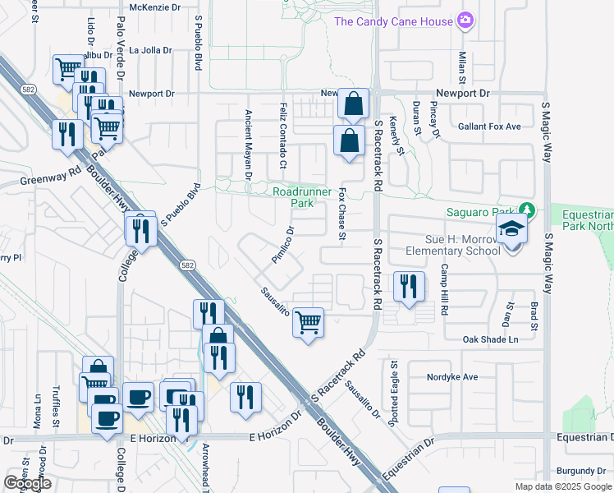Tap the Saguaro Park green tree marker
pyautogui.click(x=528, y=212)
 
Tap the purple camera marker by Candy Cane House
pyautogui.click(x=466, y=19)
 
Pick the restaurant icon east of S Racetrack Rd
pyautogui.click(x=409, y=287)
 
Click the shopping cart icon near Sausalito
pyautogui.click(x=308, y=322)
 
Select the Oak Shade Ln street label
pyautogui.click(x=491, y=339)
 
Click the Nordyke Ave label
pyautogui.click(x=451, y=377)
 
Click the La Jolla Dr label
pyautogui.click(x=150, y=50)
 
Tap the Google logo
pyautogui.click(x=27, y=483)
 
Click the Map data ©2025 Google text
pyautogui.click(x=564, y=486)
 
